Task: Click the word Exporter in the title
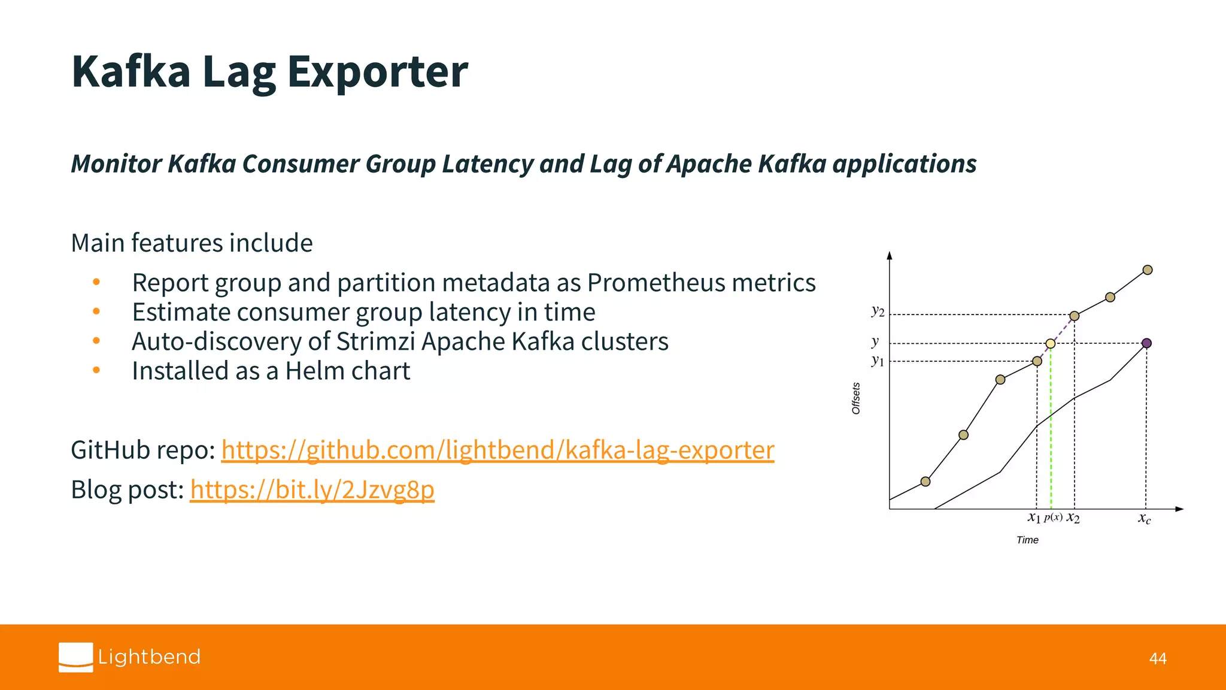[x=377, y=72]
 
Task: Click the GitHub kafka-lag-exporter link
[x=497, y=450]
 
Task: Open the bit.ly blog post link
[x=312, y=489]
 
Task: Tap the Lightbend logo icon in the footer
[x=76, y=657]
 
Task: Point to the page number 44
[x=1158, y=659]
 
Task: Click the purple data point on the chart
[x=1146, y=343]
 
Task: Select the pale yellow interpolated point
[x=1051, y=343]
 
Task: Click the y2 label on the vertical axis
[x=878, y=310]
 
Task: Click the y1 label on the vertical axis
[x=878, y=360]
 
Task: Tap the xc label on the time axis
[x=1144, y=518]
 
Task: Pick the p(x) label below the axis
[x=1053, y=517]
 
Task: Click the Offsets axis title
[x=856, y=398]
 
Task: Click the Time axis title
[x=1027, y=540]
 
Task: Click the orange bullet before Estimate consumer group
[x=96, y=311]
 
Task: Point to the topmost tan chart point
[x=1148, y=270]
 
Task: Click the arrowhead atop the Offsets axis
[x=890, y=255]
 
